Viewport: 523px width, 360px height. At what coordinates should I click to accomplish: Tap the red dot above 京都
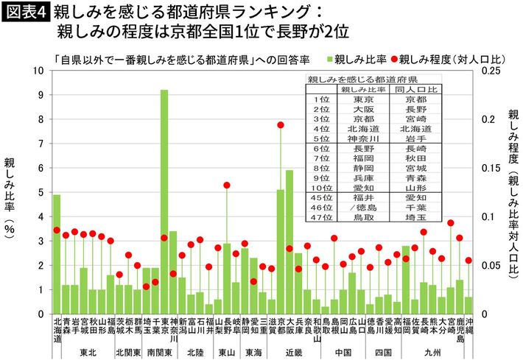[281, 125]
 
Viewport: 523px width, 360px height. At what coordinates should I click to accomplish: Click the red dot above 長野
[227, 185]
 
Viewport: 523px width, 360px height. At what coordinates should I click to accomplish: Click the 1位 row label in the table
[321, 99]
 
